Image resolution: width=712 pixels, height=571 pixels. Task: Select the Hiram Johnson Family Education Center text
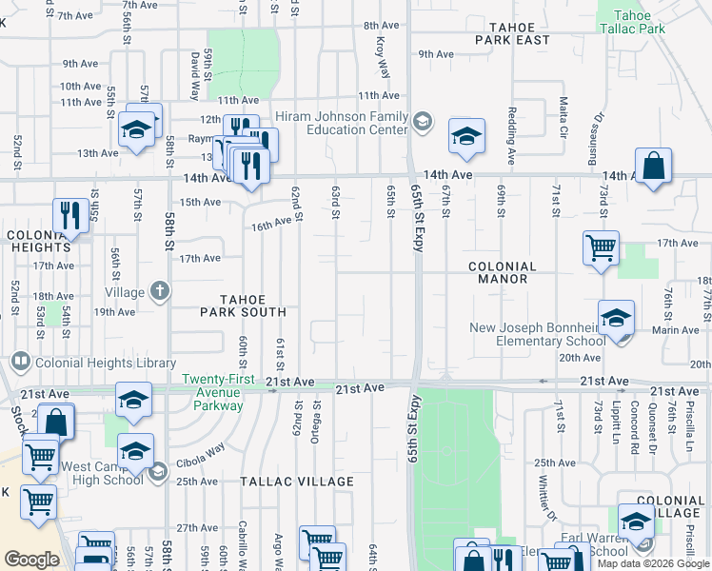click(342, 123)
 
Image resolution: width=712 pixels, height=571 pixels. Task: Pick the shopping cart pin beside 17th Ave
click(601, 248)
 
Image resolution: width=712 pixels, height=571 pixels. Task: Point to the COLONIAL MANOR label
click(503, 273)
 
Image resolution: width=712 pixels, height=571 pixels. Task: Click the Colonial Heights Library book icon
click(19, 362)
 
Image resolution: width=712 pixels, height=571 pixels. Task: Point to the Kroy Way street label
click(383, 57)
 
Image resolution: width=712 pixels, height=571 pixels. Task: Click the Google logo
click(31, 560)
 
